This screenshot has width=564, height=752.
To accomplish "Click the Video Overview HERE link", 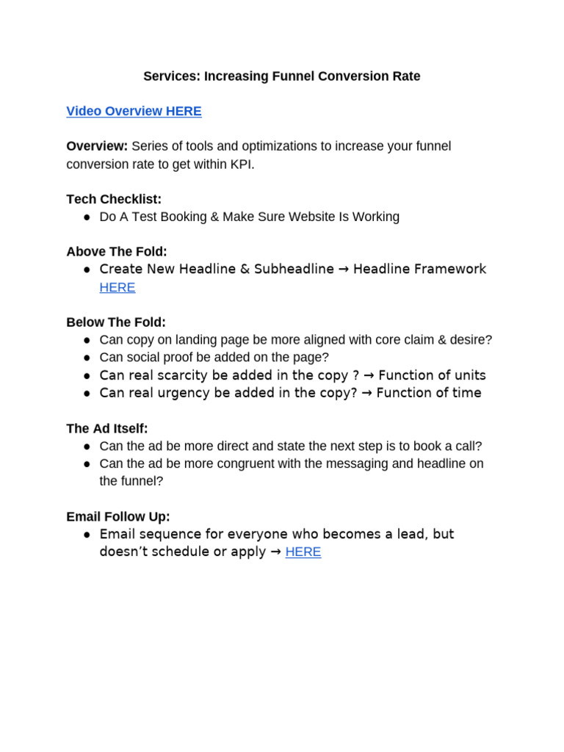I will coord(134,111).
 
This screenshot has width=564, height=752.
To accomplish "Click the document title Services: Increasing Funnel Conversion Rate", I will coord(282,76).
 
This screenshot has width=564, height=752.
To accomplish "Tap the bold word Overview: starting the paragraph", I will coord(97,146).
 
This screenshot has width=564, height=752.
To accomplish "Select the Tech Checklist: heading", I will coord(114,199).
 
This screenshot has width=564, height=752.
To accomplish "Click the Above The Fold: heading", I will coord(117,251).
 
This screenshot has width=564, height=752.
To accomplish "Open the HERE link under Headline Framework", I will coord(117,287).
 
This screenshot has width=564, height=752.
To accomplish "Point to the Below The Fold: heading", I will coord(116,322).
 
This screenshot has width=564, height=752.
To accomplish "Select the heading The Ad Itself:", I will coord(107,428).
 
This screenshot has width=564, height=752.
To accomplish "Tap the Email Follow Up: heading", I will coord(118,516).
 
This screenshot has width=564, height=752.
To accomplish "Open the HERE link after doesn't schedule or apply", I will coord(303,552).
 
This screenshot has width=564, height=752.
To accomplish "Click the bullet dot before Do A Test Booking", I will coord(87,217).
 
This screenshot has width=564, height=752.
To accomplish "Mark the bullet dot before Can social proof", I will coord(87,358).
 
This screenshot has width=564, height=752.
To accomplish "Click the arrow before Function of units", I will coord(369,375).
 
